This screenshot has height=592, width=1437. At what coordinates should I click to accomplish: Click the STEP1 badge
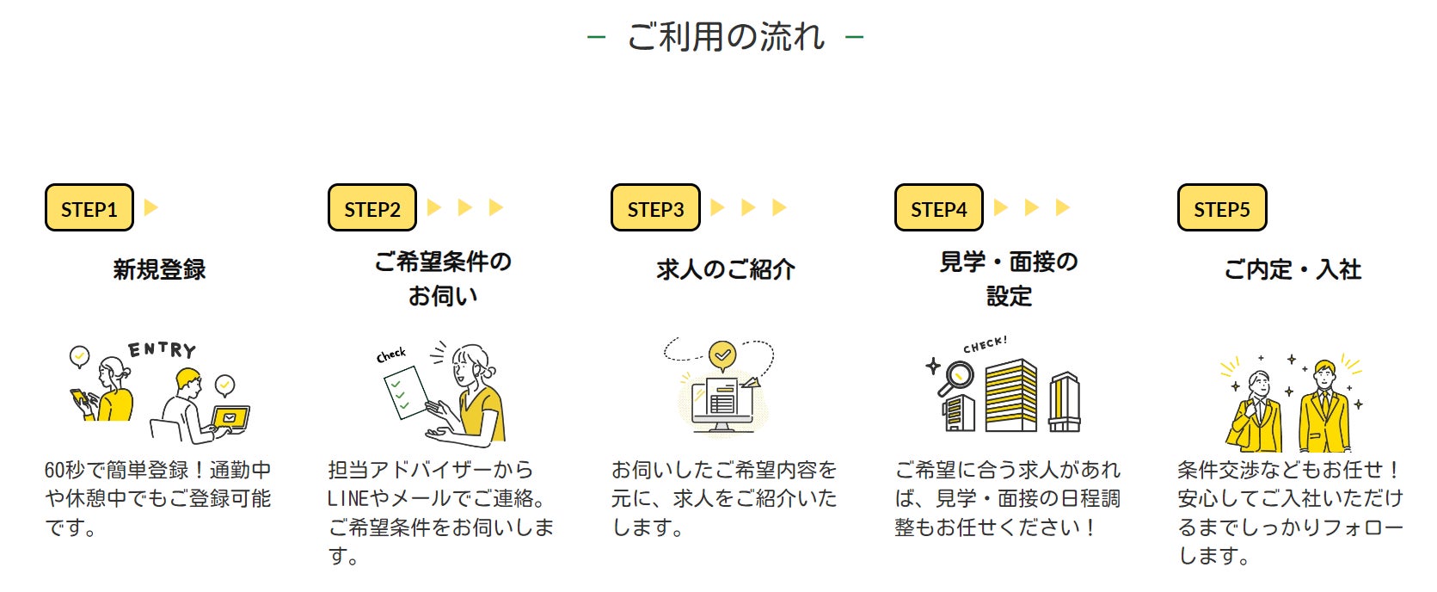[89, 208]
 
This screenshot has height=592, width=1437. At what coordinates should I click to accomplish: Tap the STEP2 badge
[372, 208]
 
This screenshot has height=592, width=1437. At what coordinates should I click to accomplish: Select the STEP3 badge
[655, 208]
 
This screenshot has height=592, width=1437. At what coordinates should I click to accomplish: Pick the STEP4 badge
[939, 208]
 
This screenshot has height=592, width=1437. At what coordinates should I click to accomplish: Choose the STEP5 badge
[1222, 208]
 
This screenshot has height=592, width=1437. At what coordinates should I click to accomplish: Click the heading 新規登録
[160, 269]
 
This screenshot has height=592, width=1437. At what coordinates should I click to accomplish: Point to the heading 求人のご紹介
[726, 269]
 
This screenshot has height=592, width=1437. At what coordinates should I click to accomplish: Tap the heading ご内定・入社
[1293, 269]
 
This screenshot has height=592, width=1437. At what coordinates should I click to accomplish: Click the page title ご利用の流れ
[726, 37]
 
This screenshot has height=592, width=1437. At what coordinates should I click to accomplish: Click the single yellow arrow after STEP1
[151, 207]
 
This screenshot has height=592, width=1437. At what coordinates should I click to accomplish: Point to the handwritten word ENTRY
[163, 349]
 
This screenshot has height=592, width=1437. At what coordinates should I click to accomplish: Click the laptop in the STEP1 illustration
[230, 418]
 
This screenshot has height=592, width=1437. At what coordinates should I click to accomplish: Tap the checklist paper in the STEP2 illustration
[405, 392]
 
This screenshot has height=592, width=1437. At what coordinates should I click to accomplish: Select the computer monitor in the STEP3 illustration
[722, 402]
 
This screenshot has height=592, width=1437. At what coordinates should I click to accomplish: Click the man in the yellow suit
[1324, 409]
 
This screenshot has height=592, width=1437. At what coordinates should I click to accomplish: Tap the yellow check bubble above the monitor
[722, 354]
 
